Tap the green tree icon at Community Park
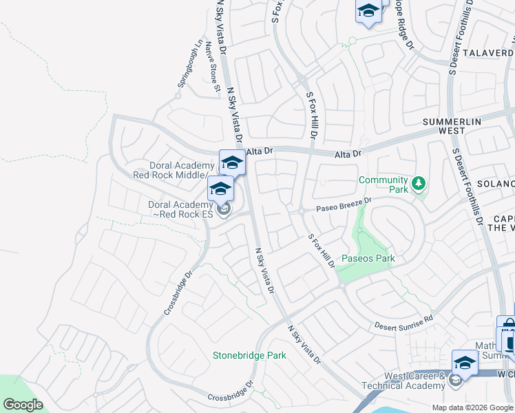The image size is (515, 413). [x=418, y=184]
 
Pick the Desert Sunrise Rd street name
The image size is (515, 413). [x=403, y=322]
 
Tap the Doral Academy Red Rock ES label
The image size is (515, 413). [x=180, y=209]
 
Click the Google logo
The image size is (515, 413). [x=23, y=405]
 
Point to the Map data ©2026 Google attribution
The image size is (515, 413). [x=473, y=407]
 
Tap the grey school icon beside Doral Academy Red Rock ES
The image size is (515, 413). [x=223, y=209]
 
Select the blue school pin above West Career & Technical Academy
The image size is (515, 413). [x=465, y=362]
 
